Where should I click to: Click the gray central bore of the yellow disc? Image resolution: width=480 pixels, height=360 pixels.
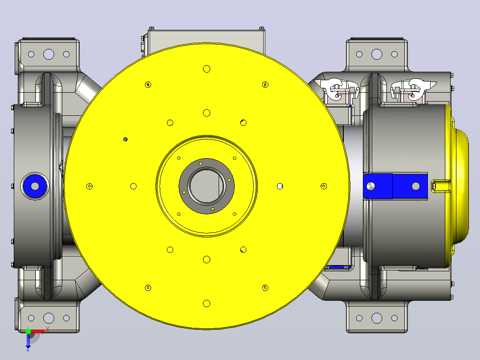[207, 186]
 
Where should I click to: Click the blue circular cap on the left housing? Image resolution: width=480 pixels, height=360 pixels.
[35, 186]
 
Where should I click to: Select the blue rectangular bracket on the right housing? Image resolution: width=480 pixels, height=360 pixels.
[395, 186]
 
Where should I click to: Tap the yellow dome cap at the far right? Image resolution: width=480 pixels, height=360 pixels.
[458, 186]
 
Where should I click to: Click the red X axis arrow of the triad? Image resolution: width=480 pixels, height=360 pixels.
[38, 331]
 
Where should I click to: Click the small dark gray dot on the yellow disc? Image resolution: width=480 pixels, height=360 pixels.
[125, 139]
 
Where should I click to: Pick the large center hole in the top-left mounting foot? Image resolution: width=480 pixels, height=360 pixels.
[49, 54]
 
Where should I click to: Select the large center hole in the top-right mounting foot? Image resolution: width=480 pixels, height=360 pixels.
[377, 54]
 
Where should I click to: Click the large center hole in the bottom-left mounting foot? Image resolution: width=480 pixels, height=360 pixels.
[49, 318]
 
